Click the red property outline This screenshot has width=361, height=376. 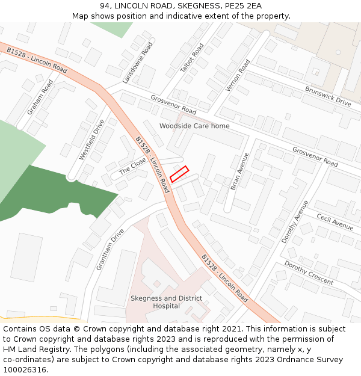coord(179,174)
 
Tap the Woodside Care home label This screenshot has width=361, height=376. coord(194,126)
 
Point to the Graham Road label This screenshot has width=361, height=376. coord(40,97)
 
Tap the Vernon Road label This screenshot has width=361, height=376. coord(237,75)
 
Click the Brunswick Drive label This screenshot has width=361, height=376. coord(327,96)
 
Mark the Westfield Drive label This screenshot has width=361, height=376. coord(91,140)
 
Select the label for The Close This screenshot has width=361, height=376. coord(132,165)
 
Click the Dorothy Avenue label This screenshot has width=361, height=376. coord(295,221)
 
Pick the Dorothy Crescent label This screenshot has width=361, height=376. coord(308,273)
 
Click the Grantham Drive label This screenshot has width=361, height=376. coord(108,248)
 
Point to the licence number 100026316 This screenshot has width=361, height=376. coord(25,369)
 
